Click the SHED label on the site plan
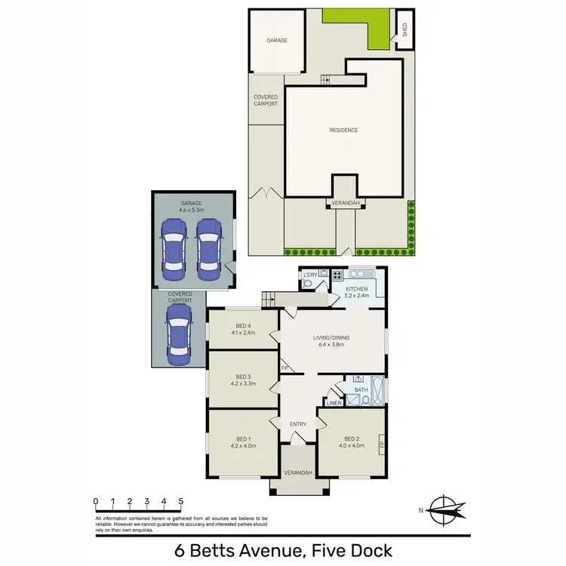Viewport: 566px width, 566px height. (405, 30)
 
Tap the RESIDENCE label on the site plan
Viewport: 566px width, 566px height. (343, 130)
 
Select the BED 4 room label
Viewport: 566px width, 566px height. (242, 325)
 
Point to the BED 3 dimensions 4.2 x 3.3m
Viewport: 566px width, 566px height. (243, 383)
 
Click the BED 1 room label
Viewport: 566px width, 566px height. (242, 438)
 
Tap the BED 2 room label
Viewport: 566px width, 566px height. (351, 438)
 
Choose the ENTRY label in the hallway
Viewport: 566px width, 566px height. (298, 424)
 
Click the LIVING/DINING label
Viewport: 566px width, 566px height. (331, 337)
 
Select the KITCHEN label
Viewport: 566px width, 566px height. (356, 289)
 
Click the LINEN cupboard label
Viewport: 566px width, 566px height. (334, 402)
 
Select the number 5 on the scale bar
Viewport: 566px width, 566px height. (181, 500)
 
